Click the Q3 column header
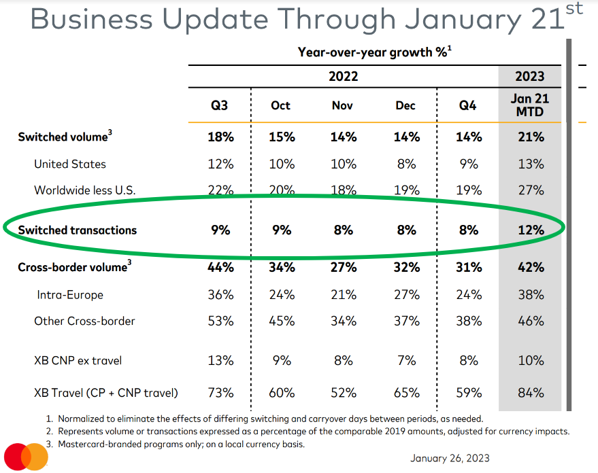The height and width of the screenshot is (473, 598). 219,105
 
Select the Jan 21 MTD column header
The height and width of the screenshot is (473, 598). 530,105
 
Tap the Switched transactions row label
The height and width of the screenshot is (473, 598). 77,230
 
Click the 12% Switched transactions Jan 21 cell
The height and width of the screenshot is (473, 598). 530,230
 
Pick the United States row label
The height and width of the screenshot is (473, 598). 70,164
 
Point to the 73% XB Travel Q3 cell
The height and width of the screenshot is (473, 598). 220,392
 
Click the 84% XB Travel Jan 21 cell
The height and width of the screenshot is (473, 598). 530,392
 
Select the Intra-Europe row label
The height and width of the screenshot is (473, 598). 70,295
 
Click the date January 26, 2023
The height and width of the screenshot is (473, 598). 450,458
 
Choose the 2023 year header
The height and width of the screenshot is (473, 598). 530,75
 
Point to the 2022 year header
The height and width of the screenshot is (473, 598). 343,75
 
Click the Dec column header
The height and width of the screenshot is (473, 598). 405,105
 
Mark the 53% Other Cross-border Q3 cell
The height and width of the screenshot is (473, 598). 220,321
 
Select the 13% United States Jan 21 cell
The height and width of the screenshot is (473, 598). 530,164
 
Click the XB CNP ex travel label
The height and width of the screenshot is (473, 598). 78,360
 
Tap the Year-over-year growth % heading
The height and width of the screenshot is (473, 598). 373,52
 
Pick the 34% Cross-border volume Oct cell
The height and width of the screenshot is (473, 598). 281,267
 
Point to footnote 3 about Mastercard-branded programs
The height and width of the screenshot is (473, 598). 181,444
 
